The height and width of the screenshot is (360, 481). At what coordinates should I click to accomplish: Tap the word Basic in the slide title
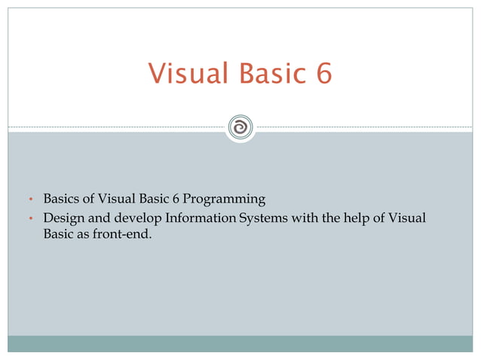(260, 74)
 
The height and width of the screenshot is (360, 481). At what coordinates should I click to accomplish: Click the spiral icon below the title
(240, 127)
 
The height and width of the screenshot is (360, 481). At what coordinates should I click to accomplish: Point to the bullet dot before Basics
(31, 200)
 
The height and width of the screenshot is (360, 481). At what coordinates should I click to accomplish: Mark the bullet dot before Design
(31, 219)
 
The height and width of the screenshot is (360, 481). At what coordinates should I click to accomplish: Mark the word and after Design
(96, 218)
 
